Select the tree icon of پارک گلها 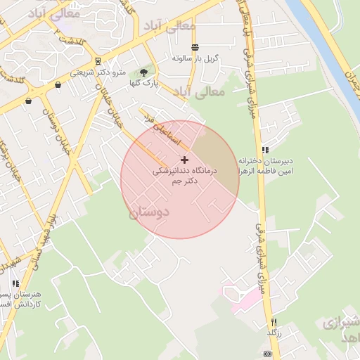point(144,72)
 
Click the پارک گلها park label point(143,83)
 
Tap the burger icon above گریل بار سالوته point(195,46)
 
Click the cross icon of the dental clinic point(184,160)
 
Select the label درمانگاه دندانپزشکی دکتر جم point(184,176)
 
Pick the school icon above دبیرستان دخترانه point(265,149)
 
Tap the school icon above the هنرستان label point(15,283)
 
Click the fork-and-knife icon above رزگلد point(274,321)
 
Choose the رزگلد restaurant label point(274,332)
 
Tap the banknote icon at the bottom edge point(266,353)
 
